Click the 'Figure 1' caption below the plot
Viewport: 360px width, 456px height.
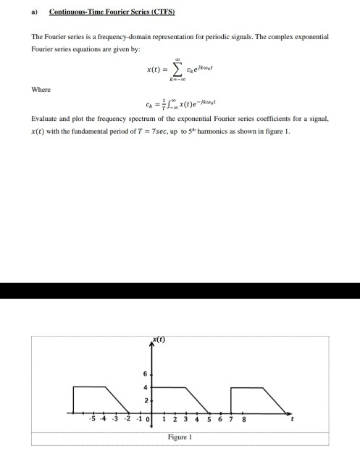point(179,438)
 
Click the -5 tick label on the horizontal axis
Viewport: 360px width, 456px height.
point(91,419)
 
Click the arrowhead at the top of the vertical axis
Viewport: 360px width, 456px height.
point(150,346)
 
